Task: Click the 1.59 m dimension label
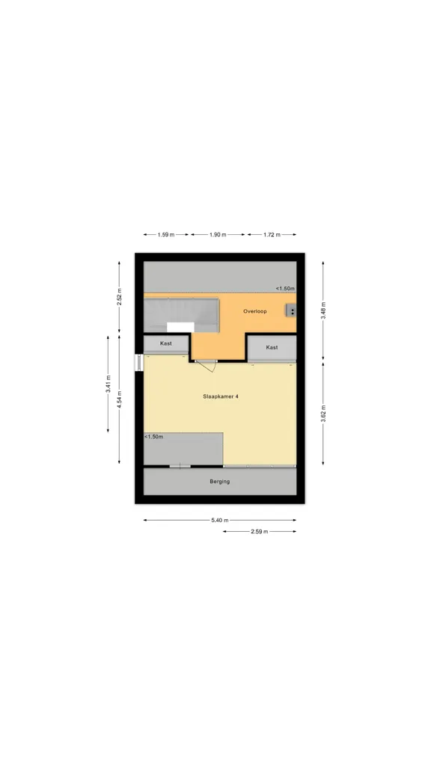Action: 165,234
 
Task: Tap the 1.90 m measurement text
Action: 218,234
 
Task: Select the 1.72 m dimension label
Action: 272,234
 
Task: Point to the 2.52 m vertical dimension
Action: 119,296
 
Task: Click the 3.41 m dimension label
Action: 108,384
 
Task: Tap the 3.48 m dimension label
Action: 323,310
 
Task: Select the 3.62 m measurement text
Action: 323,413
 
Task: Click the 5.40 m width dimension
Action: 220,521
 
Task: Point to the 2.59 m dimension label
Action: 260,532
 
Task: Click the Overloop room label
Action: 255,311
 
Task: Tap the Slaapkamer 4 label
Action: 221,396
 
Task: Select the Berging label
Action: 220,481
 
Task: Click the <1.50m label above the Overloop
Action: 284,289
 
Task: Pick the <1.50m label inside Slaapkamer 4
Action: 154,437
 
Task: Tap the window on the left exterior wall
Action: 138,363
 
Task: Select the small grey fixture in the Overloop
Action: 291,310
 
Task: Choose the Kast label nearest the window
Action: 166,343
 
